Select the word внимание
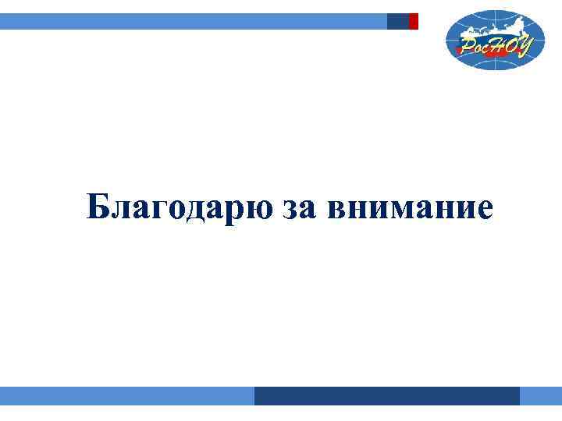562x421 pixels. click(x=411, y=209)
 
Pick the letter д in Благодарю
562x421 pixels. click(x=192, y=210)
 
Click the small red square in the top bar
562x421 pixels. click(x=414, y=21)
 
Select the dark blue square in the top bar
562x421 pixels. click(x=398, y=21)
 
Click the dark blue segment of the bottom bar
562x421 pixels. click(x=386, y=396)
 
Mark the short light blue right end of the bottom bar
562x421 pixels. click(x=541, y=396)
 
